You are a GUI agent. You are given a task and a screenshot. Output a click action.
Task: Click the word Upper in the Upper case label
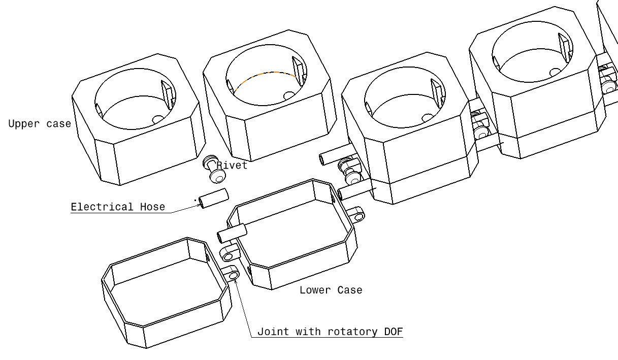24,124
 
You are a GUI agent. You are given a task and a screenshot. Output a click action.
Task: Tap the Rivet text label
232,165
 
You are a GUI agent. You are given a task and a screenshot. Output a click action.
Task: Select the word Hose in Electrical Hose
152,207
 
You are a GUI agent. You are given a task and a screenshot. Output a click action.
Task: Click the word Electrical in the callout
102,207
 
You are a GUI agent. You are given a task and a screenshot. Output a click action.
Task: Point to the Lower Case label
331,290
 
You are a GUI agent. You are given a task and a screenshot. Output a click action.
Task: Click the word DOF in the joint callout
394,331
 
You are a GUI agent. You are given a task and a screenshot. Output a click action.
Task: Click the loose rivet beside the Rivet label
214,169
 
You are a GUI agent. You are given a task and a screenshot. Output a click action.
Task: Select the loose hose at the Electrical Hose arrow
214,199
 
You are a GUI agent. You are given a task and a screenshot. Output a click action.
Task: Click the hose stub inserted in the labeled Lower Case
232,234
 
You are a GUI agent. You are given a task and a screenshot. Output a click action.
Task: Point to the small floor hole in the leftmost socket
158,119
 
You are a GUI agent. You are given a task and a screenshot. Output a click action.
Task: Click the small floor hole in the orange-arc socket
289,95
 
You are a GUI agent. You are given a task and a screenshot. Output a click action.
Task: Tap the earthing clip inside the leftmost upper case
168,95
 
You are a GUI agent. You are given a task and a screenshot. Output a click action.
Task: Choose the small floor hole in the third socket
428,118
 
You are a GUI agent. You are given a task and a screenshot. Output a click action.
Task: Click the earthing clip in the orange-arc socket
299,71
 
